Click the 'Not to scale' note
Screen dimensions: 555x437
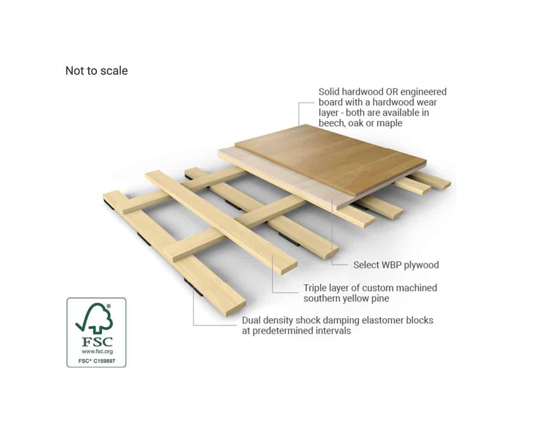tap(97, 71)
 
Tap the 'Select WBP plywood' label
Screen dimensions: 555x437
tap(396, 265)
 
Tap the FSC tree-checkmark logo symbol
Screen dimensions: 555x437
tap(94, 318)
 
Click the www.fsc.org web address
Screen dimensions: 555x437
tap(97, 351)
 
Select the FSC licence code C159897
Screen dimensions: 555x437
tap(104, 361)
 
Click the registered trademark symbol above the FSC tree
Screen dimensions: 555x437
tap(109, 306)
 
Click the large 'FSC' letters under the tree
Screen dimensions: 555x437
tap(97, 342)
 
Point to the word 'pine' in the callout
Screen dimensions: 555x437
tap(379, 298)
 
